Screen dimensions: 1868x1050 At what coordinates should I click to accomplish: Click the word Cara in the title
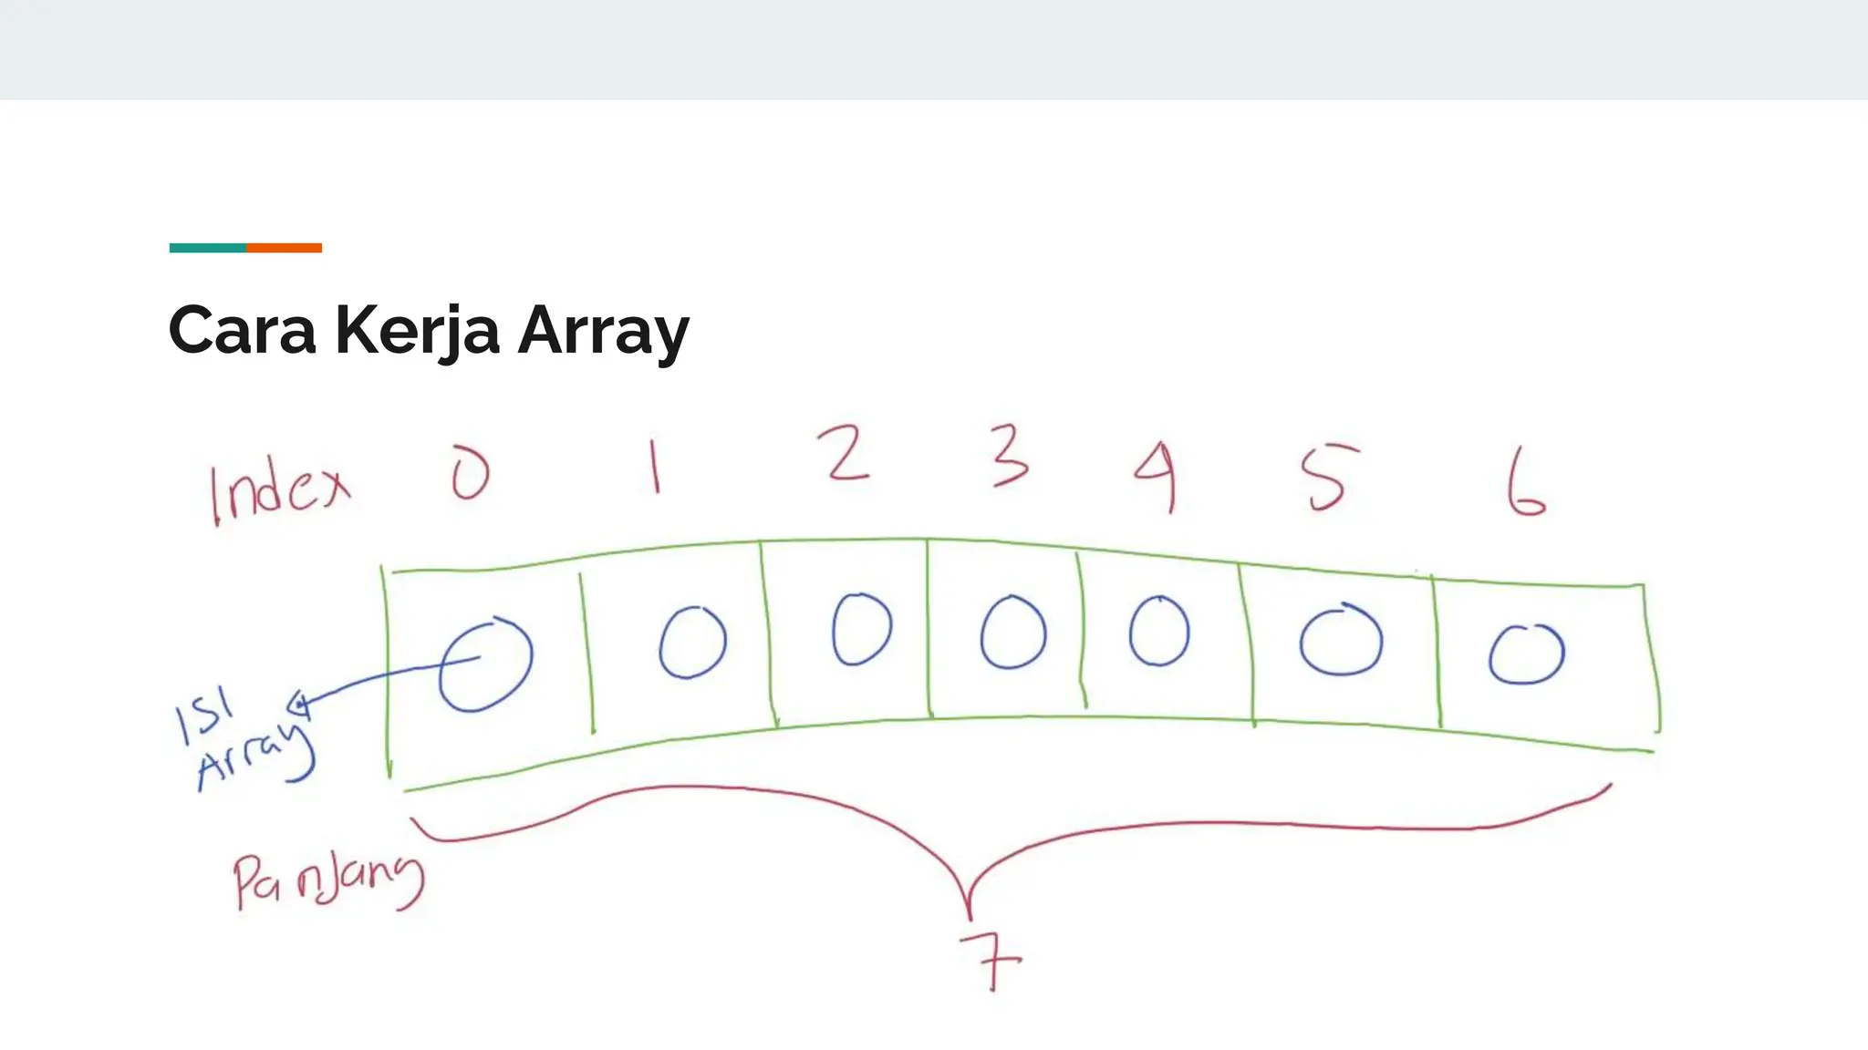(x=242, y=330)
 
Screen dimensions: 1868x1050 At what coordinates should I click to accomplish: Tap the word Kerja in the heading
(x=417, y=330)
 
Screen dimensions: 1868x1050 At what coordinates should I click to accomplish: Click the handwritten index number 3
(x=1010, y=457)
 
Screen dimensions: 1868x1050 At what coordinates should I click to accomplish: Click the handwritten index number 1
(x=654, y=466)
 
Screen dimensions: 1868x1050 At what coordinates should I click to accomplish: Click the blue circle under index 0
(x=485, y=664)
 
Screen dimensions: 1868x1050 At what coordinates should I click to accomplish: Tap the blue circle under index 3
(x=1012, y=633)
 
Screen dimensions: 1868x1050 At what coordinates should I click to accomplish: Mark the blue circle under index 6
(x=1526, y=654)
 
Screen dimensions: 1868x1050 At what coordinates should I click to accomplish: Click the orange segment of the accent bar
(x=284, y=248)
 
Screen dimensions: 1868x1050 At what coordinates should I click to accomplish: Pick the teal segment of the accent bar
(x=207, y=248)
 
